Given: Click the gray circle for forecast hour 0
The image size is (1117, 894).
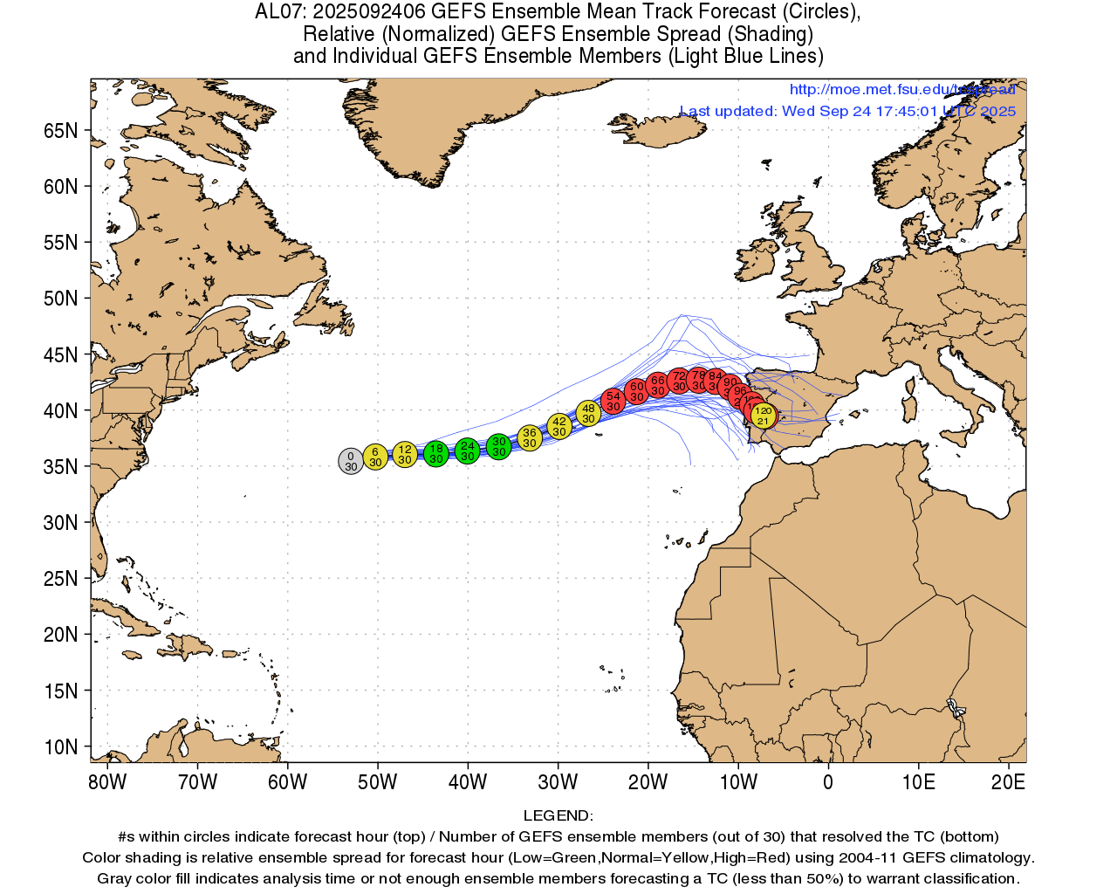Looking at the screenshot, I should [x=351, y=461].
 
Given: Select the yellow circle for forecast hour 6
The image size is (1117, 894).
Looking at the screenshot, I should [x=375, y=457].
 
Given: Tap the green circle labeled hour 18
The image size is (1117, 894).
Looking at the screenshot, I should [x=436, y=453].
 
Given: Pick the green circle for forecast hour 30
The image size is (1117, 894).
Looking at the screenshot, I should [x=498, y=447].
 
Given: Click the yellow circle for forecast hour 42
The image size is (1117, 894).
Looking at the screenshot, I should [x=559, y=426].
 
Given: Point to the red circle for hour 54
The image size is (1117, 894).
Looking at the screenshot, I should [x=613, y=401].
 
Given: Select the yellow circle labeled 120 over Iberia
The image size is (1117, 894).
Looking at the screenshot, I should [x=764, y=416].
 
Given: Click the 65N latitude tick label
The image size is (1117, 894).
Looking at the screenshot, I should [x=61, y=131].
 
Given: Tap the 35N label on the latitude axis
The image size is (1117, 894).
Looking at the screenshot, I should [x=61, y=466].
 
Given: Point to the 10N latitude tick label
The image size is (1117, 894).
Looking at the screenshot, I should [x=61, y=747].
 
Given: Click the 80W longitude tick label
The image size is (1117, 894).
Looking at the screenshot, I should [x=107, y=782].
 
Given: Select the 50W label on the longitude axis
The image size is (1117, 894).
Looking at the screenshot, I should [x=377, y=782].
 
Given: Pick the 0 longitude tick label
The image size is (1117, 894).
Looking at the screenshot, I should [x=828, y=782].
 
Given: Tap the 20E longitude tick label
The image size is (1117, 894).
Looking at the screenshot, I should [x=1008, y=782].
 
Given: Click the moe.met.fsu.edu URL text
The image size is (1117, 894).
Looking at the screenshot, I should [x=902, y=89].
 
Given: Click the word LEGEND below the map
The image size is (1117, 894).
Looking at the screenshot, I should [x=558, y=816].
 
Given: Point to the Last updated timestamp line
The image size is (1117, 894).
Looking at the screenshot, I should [x=847, y=111].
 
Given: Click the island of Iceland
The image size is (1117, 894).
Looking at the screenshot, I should [x=668, y=132].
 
